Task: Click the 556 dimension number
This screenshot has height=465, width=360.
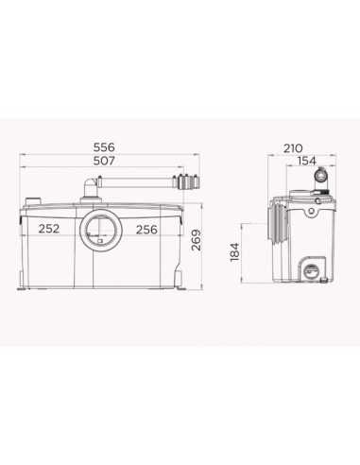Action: coord(104,147)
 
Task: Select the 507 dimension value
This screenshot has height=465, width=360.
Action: coord(104,161)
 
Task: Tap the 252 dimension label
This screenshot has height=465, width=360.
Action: coord(49,229)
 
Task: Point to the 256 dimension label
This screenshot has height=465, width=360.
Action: coord(146,230)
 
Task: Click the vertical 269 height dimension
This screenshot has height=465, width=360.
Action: coord(197,240)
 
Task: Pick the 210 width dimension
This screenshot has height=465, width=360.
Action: coord(293,148)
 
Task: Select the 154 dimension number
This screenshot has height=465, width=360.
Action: coord(307,161)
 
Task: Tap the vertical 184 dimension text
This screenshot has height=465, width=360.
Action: coord(235,252)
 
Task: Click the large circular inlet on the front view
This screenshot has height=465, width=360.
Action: coord(100,230)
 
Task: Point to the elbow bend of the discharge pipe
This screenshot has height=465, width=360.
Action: coord(91,184)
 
